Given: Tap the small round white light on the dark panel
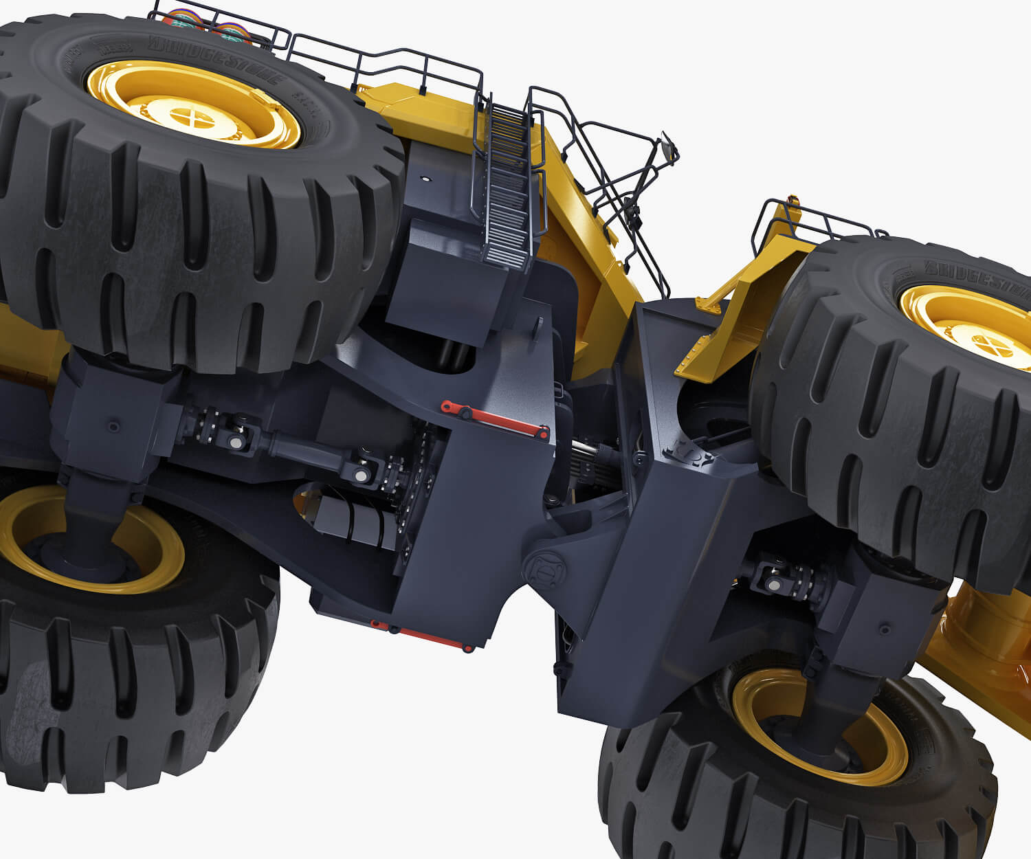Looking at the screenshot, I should click(425, 179).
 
